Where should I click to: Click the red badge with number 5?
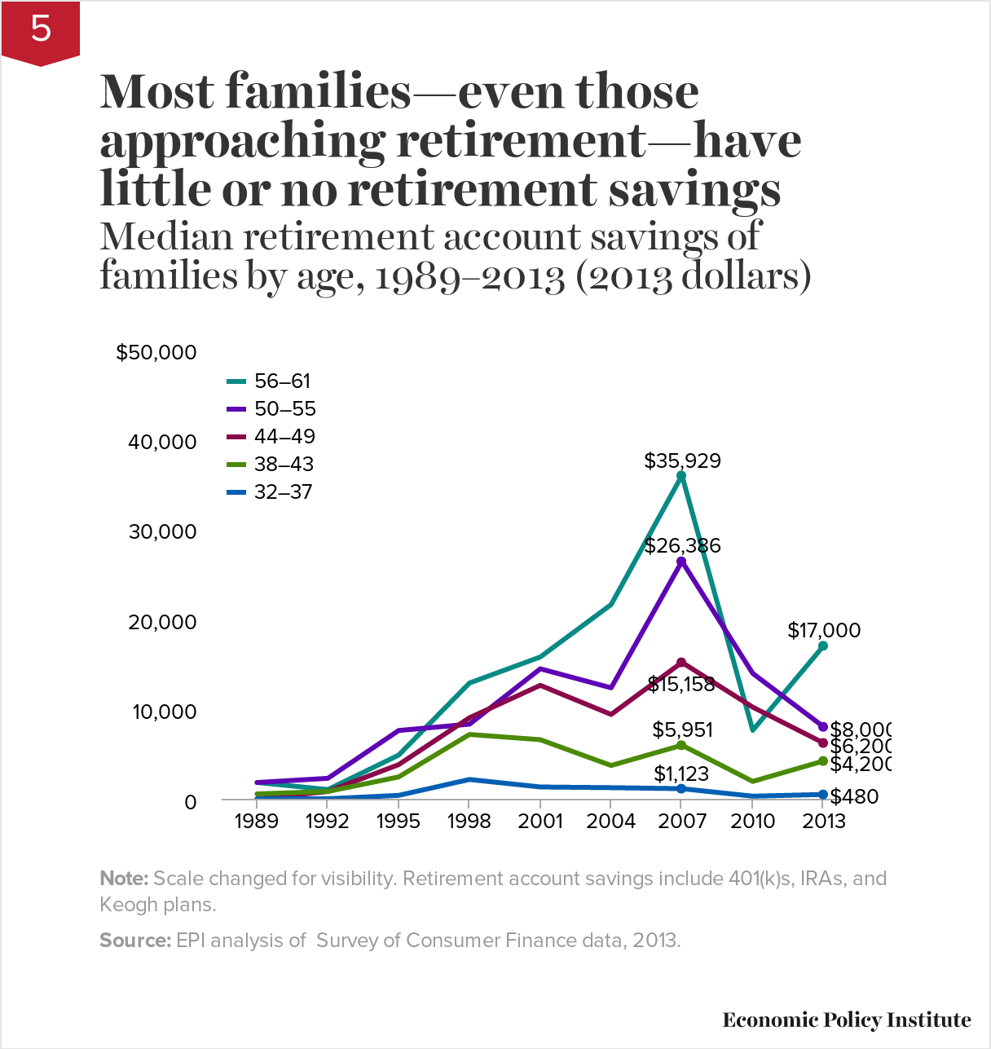point(40,31)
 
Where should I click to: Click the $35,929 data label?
point(682,461)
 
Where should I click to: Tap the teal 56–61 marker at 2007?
point(681,475)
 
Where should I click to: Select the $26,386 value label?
point(682,545)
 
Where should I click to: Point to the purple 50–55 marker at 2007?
point(681,562)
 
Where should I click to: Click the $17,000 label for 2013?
point(824,630)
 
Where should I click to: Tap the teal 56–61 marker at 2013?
point(823,646)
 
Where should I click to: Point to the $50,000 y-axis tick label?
point(156,352)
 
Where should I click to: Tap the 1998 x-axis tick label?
point(469,821)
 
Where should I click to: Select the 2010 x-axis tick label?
point(752,821)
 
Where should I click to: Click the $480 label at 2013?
point(854,796)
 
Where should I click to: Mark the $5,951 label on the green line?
point(682,729)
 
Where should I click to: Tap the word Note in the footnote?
point(123,879)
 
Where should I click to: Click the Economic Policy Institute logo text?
point(846,1020)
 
